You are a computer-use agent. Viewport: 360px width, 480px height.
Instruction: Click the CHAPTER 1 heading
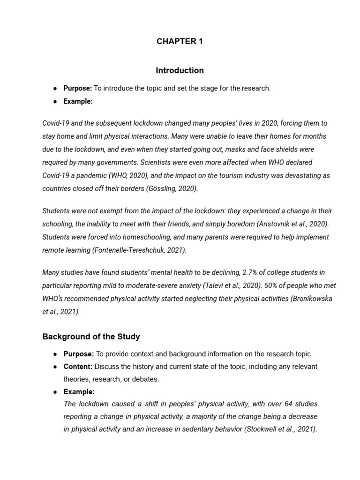180,41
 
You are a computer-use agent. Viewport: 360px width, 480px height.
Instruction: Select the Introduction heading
180,70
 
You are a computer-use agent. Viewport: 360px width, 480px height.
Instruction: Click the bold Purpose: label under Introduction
78,88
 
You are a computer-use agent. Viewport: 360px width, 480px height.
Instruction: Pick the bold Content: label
78,366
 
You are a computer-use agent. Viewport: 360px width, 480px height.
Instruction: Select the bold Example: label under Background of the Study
79,391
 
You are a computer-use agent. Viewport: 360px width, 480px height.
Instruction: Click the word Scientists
169,162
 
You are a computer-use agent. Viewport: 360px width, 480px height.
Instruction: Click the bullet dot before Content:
55,367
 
